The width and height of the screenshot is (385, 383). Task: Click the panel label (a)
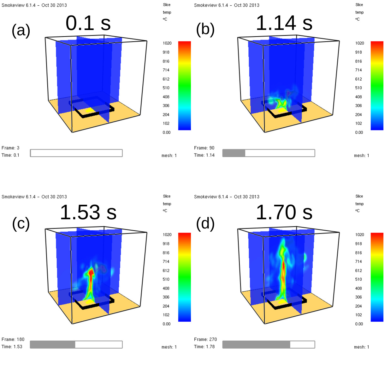[x=21, y=30]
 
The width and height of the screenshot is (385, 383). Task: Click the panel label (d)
[x=205, y=223]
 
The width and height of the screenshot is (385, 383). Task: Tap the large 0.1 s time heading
[x=88, y=23]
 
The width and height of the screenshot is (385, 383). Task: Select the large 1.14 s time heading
[x=284, y=23]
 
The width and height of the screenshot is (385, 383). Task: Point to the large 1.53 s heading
[x=88, y=212]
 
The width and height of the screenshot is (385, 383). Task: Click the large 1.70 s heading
[x=284, y=212]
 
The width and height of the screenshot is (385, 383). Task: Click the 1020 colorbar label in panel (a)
[x=167, y=43]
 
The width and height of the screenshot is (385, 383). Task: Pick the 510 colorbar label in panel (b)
[x=358, y=88]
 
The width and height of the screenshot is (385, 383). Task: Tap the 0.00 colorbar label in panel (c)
[x=166, y=324]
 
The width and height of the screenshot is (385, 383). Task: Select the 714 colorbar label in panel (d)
[x=358, y=261]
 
